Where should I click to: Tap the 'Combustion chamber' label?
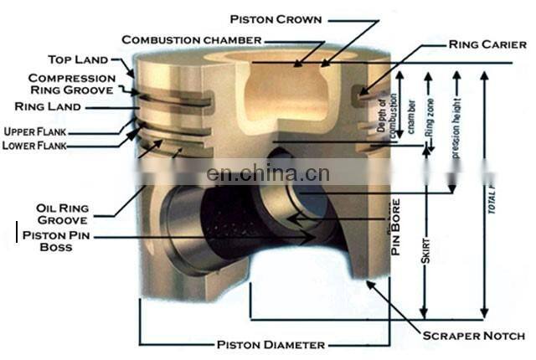point(192,39)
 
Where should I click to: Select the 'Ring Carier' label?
point(487,44)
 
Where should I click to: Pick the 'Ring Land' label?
point(48,106)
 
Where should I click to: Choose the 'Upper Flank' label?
point(36,131)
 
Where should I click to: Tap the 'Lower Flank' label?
point(36,146)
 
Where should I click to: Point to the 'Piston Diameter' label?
point(271,344)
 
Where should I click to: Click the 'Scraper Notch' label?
point(473,336)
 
